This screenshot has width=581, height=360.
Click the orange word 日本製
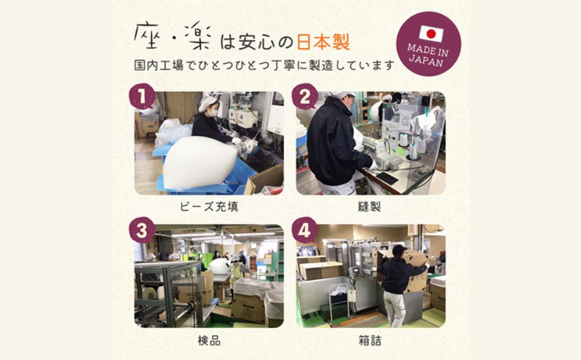[323, 42]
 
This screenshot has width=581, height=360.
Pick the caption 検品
[209, 340]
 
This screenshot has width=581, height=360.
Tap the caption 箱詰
[371, 340]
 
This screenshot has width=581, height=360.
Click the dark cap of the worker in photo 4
[399, 250]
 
